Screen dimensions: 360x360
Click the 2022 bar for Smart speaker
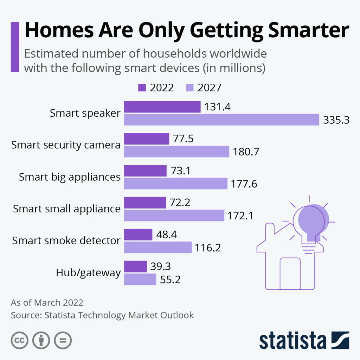click(162, 107)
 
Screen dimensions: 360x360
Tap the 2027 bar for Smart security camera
click(177, 152)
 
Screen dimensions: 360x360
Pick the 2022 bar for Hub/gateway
click(135, 266)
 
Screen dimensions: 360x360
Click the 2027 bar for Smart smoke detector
click(158, 247)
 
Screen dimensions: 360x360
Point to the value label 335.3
click(336, 120)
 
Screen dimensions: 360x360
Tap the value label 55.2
click(173, 280)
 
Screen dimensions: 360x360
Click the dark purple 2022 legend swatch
click(142, 88)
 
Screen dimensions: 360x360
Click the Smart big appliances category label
click(70, 177)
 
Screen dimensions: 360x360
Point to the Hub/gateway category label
click(88, 273)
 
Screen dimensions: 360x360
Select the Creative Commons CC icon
click(20, 340)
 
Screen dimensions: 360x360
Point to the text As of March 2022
click(47, 302)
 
